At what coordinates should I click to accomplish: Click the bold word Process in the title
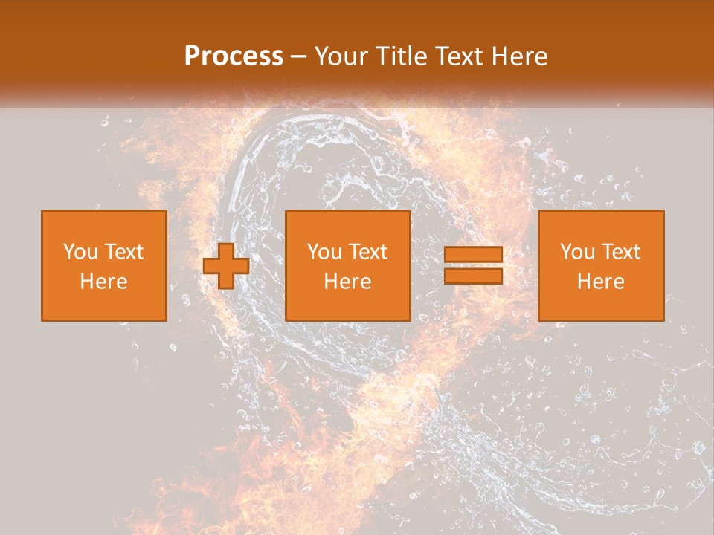click(x=234, y=56)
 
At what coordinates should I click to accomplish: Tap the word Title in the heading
click(x=400, y=56)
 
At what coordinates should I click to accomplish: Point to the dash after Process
click(x=299, y=56)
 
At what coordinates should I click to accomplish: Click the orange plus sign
click(x=226, y=266)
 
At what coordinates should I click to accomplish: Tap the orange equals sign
click(x=473, y=265)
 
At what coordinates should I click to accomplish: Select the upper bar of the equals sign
click(x=473, y=255)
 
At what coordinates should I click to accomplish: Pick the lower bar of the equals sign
click(x=473, y=276)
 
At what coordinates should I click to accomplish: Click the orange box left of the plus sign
click(x=104, y=265)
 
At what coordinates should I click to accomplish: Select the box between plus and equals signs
click(x=348, y=265)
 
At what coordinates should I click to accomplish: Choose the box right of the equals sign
click(x=601, y=265)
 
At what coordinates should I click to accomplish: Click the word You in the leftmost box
click(x=80, y=252)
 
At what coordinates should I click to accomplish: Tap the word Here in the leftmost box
click(x=104, y=282)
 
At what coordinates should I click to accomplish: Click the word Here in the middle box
click(x=348, y=282)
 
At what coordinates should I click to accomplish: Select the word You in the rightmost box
click(x=576, y=252)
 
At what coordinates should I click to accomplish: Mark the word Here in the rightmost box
click(x=601, y=282)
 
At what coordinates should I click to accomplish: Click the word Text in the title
click(x=457, y=56)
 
